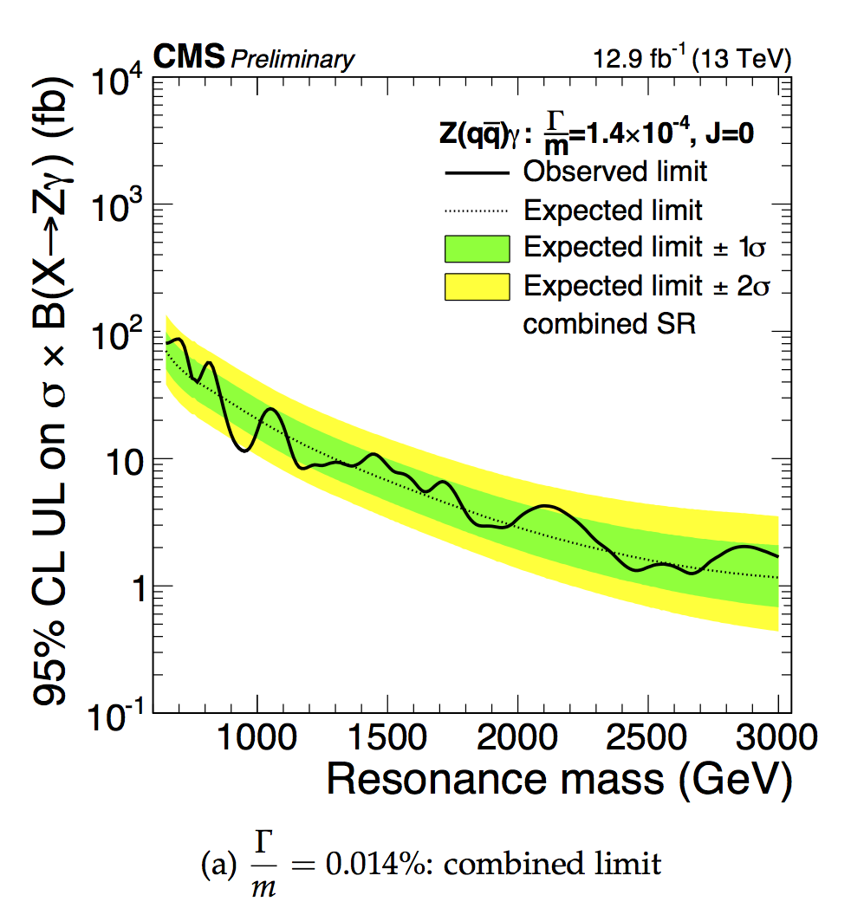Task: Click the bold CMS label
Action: pyautogui.click(x=189, y=58)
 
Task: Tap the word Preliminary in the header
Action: pyautogui.click(x=293, y=59)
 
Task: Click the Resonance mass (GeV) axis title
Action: pyautogui.click(x=559, y=780)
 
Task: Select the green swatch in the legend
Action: pyautogui.click(x=476, y=249)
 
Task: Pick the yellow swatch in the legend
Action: pyautogui.click(x=476, y=287)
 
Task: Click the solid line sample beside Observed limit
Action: pyautogui.click(x=476, y=172)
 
